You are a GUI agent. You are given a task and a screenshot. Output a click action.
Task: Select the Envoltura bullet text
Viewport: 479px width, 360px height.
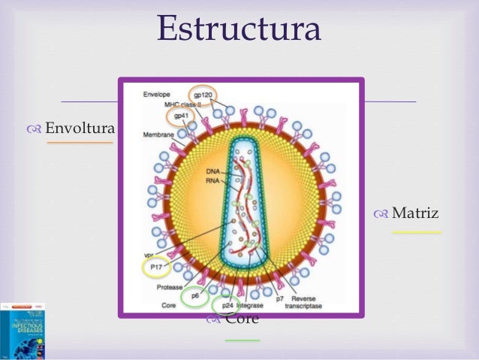pyautogui.click(x=80, y=129)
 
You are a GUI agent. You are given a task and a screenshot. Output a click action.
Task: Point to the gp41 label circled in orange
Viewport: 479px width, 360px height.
pyautogui.click(x=181, y=116)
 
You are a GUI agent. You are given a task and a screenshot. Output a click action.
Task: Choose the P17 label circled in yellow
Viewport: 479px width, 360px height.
pyautogui.click(x=155, y=265)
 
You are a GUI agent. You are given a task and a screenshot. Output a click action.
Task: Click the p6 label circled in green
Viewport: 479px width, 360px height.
pyautogui.click(x=195, y=296)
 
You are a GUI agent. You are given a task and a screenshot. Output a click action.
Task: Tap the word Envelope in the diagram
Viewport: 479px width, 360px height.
pyautogui.click(x=157, y=95)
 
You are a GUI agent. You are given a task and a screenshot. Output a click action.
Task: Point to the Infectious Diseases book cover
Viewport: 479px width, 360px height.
pyautogui.click(x=23, y=331)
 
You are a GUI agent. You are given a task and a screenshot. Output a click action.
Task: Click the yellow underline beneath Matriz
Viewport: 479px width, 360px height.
pyautogui.click(x=417, y=233)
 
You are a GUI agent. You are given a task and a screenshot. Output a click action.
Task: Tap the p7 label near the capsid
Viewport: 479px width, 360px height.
pyautogui.click(x=279, y=298)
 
